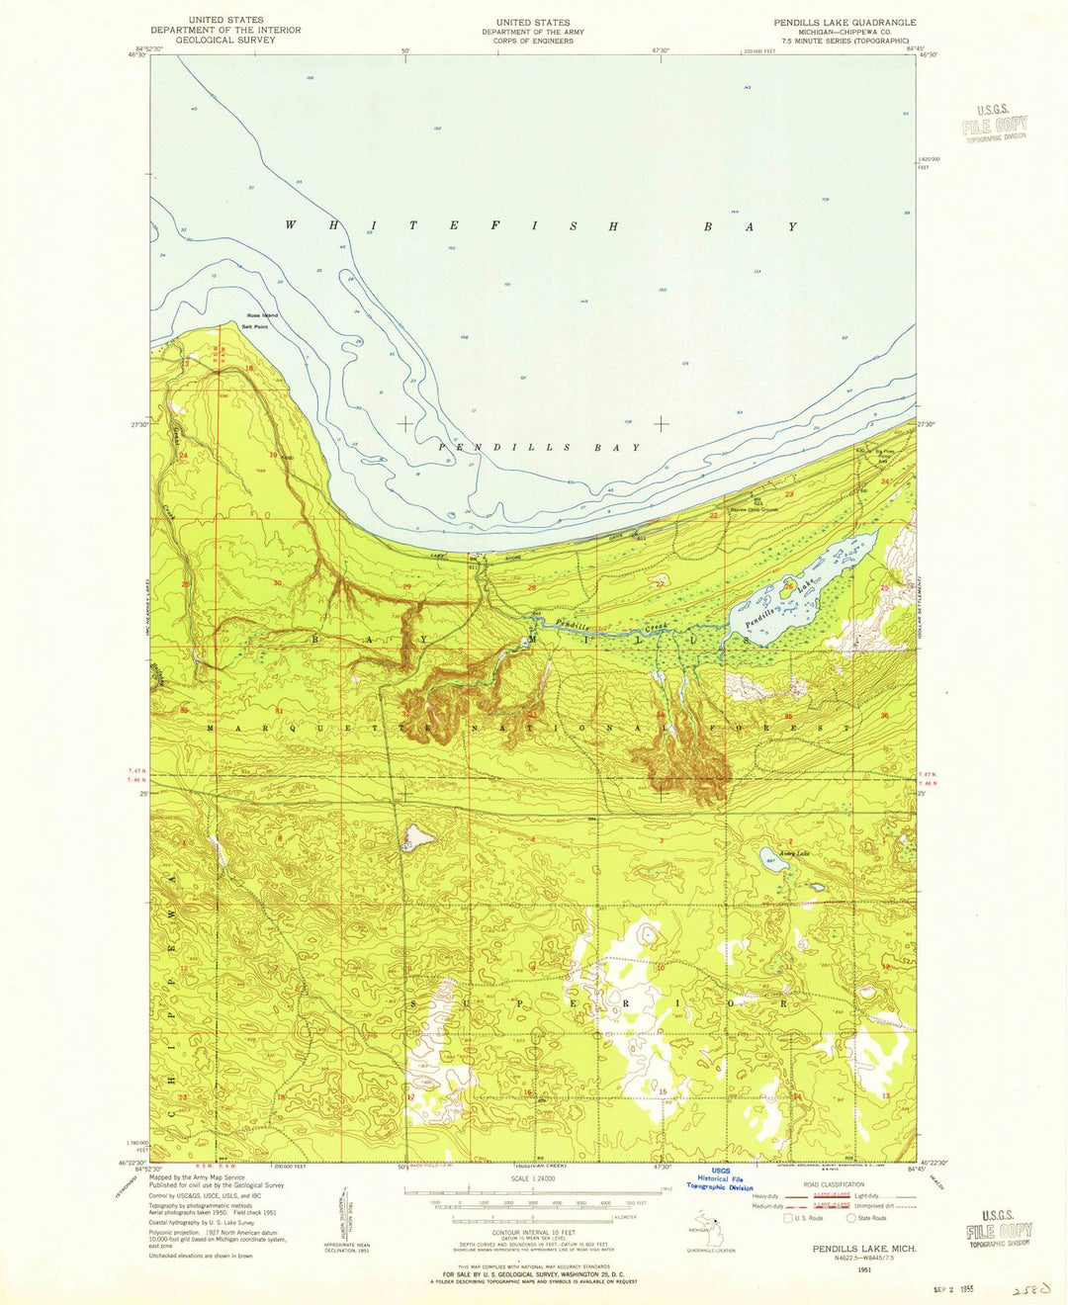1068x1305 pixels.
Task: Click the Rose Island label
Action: coord(263,315)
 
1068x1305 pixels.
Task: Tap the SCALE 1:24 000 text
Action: coord(533,1178)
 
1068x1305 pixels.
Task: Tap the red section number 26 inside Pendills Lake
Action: coord(787,585)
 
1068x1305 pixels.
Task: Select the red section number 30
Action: coord(277,583)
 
